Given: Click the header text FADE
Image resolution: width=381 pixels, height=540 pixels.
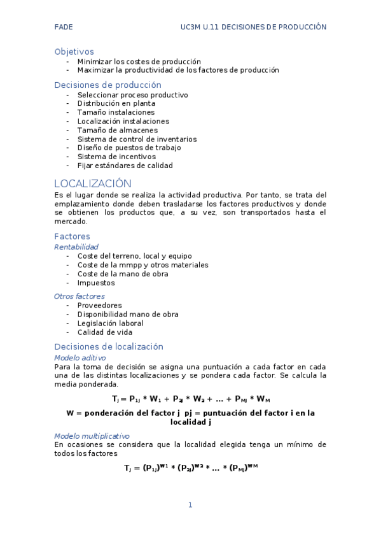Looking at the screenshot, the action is [64, 27].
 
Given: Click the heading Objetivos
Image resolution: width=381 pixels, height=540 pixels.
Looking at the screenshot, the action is [74, 51].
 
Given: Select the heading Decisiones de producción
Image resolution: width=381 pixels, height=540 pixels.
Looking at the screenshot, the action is [107, 85].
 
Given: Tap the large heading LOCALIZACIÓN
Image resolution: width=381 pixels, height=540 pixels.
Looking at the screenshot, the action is [93, 183].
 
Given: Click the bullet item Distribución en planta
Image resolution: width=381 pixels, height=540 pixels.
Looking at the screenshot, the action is [116, 103].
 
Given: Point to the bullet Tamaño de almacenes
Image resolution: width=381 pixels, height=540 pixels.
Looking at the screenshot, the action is [117, 130].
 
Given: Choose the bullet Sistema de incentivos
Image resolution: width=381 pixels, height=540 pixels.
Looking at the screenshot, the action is [116, 156].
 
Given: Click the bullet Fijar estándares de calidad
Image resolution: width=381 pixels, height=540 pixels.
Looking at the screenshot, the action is [125, 165].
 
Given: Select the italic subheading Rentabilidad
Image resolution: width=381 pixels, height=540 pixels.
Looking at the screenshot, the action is [76, 246].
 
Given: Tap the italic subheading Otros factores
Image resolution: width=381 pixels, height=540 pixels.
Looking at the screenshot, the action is [80, 296].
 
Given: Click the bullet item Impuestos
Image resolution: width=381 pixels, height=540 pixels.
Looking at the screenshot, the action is [96, 282].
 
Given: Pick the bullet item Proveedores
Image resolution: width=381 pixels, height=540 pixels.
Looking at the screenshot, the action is [99, 305].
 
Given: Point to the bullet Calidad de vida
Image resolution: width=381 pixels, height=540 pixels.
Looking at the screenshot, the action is [105, 332].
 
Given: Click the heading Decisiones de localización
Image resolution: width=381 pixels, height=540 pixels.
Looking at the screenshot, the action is [109, 346].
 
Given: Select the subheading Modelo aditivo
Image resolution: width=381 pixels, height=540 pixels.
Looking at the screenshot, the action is [80, 358].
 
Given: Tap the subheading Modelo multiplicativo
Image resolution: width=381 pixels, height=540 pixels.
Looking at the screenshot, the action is [92, 436].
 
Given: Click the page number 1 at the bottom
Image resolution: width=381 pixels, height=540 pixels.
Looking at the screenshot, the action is [190, 505].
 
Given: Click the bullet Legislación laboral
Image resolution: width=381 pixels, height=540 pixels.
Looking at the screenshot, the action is [110, 323].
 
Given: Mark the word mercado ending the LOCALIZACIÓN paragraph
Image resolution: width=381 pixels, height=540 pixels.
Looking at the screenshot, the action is [71, 222].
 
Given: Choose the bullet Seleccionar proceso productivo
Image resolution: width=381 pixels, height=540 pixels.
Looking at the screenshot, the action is [132, 94].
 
